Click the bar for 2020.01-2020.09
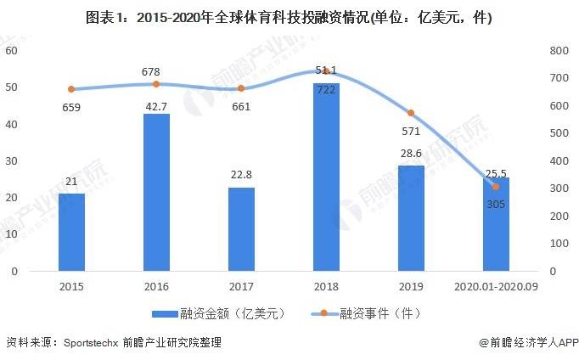click(x=496, y=224)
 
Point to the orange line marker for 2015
click(x=71, y=89)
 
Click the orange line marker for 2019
click(x=411, y=113)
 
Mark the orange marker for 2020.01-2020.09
click(x=496, y=187)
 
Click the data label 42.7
click(x=156, y=104)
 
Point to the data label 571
click(x=410, y=132)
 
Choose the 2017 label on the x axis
click(x=241, y=288)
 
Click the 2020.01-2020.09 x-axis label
click(x=496, y=288)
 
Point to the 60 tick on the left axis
click(x=12, y=51)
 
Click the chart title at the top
click(x=289, y=18)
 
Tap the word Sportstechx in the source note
click(x=89, y=344)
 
